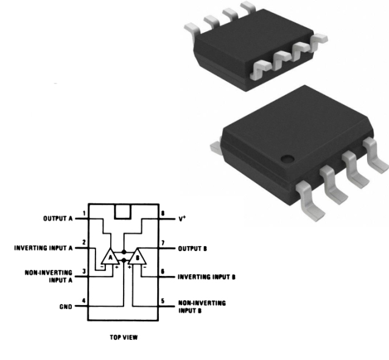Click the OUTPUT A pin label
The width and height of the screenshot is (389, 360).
coord(58,219)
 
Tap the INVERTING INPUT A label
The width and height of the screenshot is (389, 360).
coord(43,248)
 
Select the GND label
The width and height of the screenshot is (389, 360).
coord(66,307)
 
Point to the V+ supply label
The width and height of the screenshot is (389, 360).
coord(182,219)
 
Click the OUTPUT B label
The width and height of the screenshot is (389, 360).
coord(192,249)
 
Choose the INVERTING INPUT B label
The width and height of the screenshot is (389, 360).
coord(206,277)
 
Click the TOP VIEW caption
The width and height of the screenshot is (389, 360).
coord(124,337)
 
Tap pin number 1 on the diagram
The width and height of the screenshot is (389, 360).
coord(85,213)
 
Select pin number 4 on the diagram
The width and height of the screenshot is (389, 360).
coord(84,301)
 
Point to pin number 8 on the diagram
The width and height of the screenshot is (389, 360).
coord(163,213)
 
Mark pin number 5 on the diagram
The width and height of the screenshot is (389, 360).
coord(163,301)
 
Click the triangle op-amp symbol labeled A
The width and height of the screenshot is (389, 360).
coord(110,256)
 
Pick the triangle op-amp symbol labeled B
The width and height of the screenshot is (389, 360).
coord(138,256)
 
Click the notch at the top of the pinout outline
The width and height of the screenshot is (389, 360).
coord(122,219)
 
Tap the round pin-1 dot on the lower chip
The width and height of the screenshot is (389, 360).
coord(287,159)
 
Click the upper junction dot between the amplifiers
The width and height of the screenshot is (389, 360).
coord(124,252)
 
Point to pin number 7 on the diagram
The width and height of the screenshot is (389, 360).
coord(163,243)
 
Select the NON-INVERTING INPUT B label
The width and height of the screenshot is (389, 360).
coord(202,307)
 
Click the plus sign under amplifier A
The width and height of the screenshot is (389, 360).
coord(117,267)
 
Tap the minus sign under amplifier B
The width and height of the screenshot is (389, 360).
coord(145,267)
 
